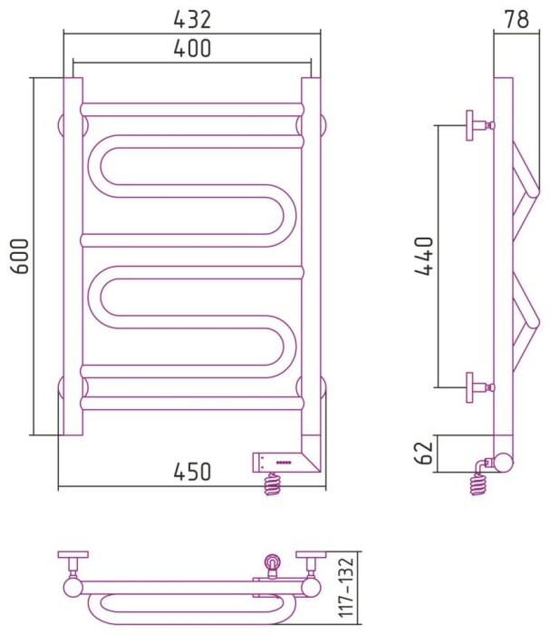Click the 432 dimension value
click(x=192, y=19)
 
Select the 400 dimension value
click(x=192, y=48)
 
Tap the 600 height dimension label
click(x=20, y=256)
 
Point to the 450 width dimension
click(x=192, y=472)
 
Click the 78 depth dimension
click(x=516, y=19)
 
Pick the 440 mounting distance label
click(x=424, y=256)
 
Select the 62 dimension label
click(x=424, y=453)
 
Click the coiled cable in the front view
click(x=272, y=484)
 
